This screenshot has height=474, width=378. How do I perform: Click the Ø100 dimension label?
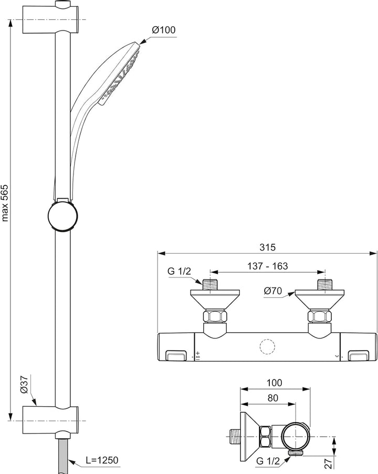pos(164,30)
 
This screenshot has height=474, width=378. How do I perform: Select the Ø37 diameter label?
pos(24,384)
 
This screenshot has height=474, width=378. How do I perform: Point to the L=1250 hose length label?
pos(102,460)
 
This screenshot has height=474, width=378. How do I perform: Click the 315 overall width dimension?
pos(268,248)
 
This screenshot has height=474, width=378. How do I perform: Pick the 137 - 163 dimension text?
pos(268,266)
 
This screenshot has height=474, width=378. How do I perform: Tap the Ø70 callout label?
pos(272,291)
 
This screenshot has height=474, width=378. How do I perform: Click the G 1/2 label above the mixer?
pos(180,271)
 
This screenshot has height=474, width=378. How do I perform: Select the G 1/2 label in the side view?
pos(268,461)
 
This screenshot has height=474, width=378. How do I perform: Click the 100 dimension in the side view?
pos(274,383)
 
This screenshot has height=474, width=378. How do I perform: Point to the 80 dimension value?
pos(272,398)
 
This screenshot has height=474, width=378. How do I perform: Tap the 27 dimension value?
pos(329,462)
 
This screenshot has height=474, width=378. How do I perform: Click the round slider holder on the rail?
pos(64,215)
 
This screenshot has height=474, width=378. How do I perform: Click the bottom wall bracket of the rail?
pos(51,420)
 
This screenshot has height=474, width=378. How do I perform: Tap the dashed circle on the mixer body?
pos(267,347)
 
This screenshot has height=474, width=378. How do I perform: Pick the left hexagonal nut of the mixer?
pos(215,316)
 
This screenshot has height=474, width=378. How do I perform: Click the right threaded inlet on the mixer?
pos(325,284)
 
